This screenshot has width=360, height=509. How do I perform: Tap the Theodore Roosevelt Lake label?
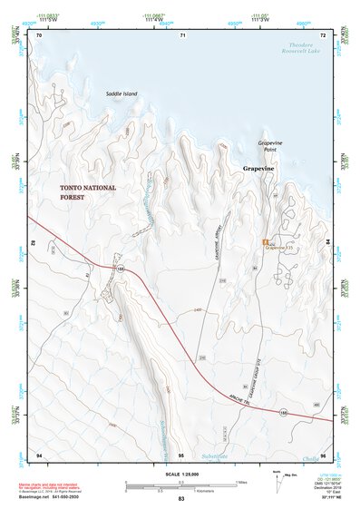click(x=299, y=48)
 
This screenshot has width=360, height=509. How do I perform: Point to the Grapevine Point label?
click(x=272, y=147)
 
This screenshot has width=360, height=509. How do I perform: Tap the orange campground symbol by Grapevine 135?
click(x=264, y=242)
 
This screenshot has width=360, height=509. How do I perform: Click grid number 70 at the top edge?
click(x=39, y=34)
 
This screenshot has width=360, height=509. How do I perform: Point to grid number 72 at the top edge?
click(x=325, y=34)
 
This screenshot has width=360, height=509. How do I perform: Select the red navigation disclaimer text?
click(x=53, y=488)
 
